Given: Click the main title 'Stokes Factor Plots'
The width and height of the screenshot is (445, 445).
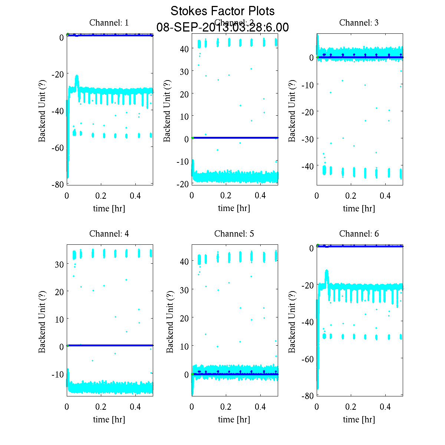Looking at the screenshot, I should click(222, 11).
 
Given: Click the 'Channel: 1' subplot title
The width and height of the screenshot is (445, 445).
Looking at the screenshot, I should click(109, 23).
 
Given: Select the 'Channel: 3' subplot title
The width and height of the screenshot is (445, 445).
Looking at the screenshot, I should click(359, 23).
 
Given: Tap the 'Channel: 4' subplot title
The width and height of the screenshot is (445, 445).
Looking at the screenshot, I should click(109, 234).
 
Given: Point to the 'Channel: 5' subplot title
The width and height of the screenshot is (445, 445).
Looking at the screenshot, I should click(234, 234).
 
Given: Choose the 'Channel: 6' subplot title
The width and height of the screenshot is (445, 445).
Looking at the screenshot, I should click(359, 234).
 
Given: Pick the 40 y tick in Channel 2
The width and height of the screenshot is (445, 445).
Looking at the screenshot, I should click(185, 49).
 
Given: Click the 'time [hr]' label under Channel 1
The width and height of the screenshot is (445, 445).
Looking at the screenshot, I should click(109, 208).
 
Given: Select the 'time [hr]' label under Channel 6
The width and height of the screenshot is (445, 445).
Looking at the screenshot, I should click(359, 419).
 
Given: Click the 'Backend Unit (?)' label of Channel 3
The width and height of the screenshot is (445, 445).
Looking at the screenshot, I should click(292, 111).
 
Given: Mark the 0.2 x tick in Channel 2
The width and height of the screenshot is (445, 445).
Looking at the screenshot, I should click(226, 195).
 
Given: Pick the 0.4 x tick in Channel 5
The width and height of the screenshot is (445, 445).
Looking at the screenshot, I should click(260, 406).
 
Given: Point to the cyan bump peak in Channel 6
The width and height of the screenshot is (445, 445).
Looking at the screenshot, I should click(327, 271).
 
